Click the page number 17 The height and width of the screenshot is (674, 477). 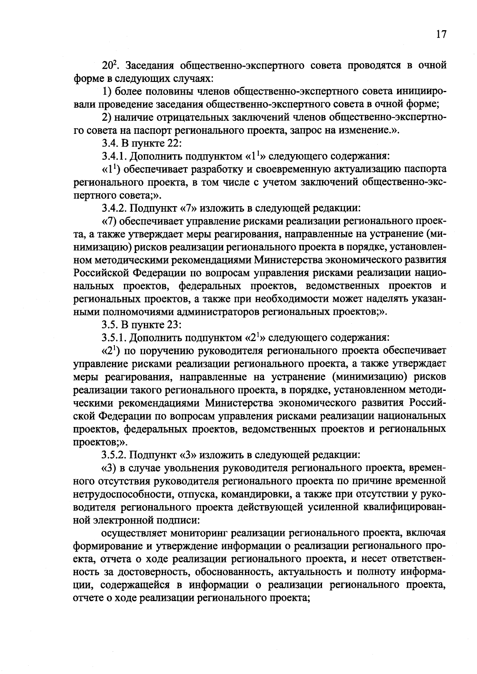(x=441, y=35)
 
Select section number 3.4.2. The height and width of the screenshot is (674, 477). (x=114, y=208)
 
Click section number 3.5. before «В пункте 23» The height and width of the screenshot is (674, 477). (x=109, y=325)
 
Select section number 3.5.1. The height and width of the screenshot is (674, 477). (x=114, y=338)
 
